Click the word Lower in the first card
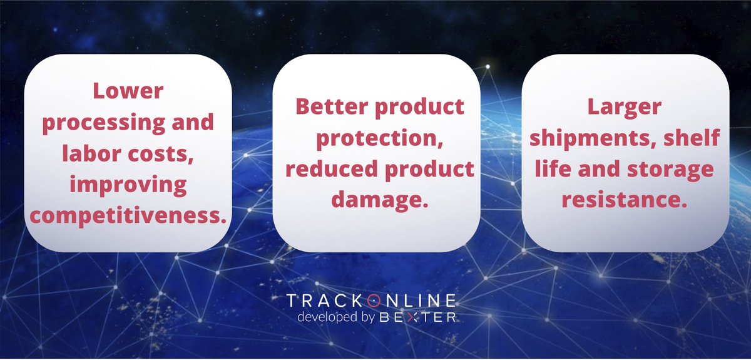coord(128,91)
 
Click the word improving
coord(128,185)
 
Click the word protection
coord(374,138)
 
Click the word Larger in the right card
coord(624,107)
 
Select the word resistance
coord(625,200)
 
